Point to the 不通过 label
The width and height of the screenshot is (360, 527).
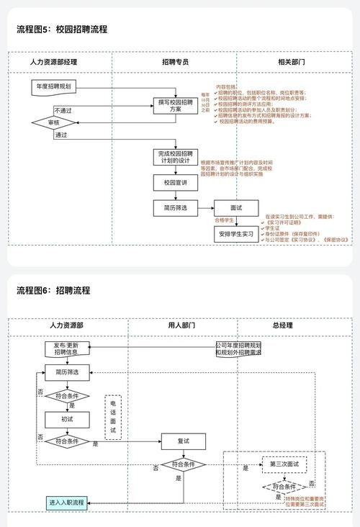pos(63,110)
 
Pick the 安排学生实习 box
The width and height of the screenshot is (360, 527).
pos(236,235)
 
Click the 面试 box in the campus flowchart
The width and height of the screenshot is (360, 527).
pos(236,207)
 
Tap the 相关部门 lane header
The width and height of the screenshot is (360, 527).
pos(291,62)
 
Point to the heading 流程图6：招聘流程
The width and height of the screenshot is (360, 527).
pos(53,290)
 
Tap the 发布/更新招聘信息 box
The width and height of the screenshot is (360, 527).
pos(66,348)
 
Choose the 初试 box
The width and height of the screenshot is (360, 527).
pos(66,418)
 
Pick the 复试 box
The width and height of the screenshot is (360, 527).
pos(184,440)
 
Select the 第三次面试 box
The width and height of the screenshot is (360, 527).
pos(284,463)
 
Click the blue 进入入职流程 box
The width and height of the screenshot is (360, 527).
pos(66,502)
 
